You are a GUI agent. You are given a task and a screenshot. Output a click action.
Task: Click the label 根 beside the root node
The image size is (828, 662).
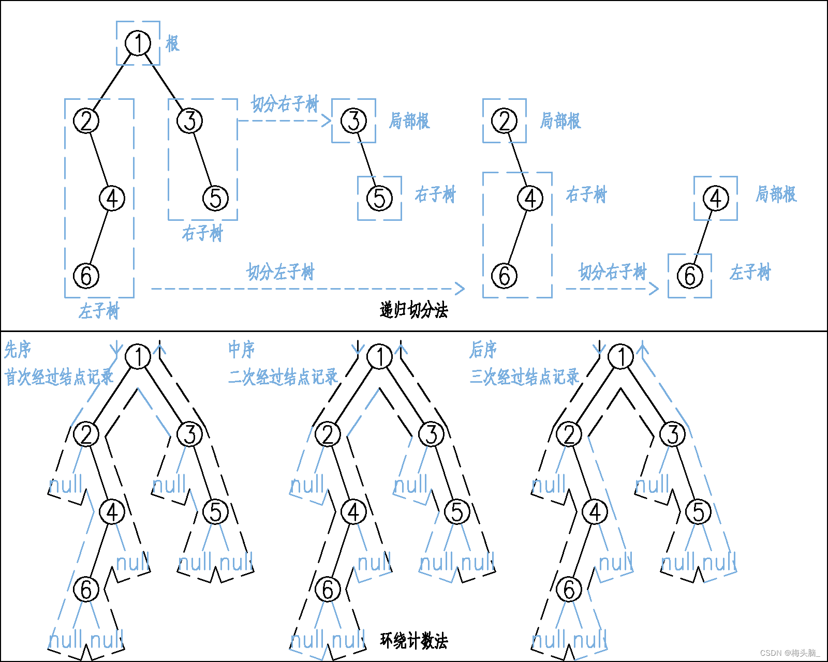pos(172,43)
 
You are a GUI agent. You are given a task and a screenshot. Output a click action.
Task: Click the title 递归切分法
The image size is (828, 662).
pos(413,310)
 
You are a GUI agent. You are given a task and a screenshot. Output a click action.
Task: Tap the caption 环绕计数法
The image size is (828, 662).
pos(413,641)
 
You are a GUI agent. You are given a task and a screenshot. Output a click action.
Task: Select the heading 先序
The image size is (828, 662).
pos(18,350)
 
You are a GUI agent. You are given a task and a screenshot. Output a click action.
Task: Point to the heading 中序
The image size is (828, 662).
pos(242,350)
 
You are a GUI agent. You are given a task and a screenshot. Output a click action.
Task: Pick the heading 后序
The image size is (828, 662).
pos(483,350)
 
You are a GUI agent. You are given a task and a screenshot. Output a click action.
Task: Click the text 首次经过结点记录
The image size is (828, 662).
pos(59,377)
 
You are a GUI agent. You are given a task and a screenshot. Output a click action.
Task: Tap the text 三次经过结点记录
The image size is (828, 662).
pos(524,377)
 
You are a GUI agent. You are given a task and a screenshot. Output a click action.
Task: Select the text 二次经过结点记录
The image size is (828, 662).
pos(283,377)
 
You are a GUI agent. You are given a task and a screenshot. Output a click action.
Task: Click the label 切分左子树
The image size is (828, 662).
pos(280,272)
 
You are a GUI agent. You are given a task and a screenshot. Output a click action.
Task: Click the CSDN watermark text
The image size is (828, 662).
pos(790,653)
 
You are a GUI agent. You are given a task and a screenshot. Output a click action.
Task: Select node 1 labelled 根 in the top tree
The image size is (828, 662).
pos(138,43)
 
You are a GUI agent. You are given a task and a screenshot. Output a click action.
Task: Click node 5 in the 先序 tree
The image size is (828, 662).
pos(215,512)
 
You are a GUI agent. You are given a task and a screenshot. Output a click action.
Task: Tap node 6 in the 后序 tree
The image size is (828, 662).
pos(569,590)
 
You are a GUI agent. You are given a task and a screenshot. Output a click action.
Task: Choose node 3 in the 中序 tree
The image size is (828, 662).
pos(431,434)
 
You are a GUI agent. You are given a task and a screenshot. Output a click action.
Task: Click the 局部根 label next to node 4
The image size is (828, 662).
pos(776,194)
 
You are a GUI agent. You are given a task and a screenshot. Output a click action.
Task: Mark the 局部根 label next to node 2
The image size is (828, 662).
pos(560,121)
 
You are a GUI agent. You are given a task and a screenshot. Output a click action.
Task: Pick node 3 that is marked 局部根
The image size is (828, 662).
pos(354,121)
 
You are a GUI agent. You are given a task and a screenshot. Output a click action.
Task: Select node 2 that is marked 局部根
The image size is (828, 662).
pos(505,121)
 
